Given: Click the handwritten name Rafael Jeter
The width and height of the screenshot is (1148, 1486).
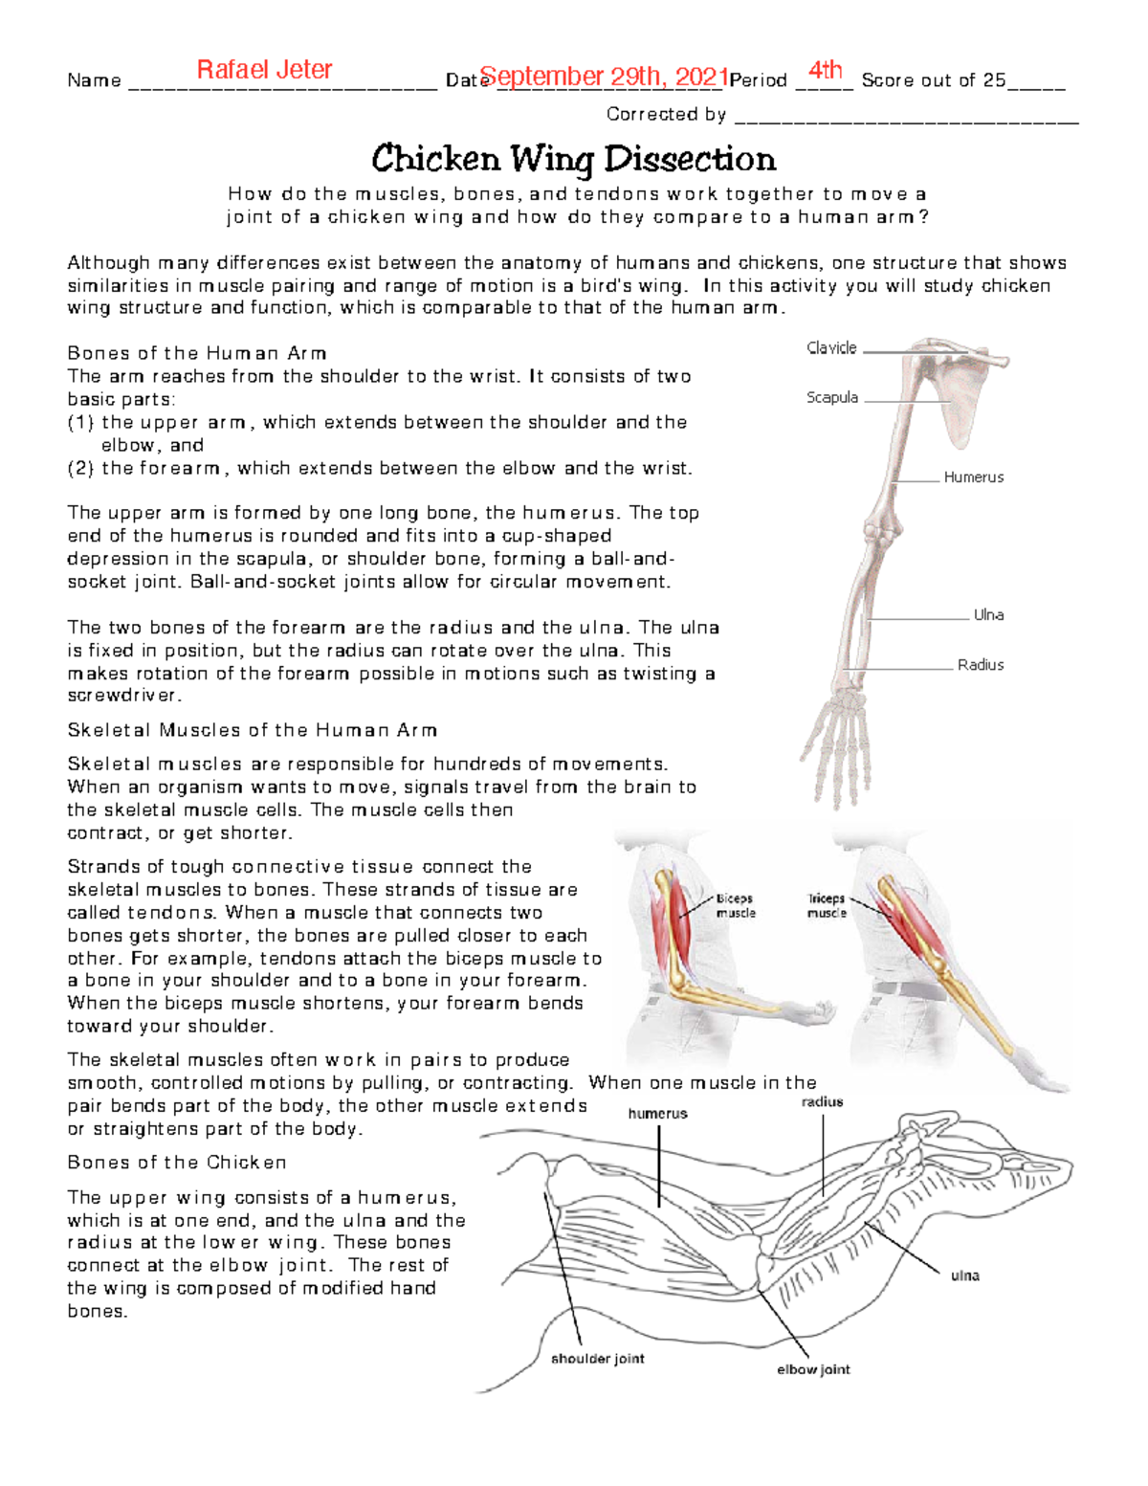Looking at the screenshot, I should click(264, 70).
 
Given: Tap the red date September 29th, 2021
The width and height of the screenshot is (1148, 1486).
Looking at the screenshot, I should click(604, 77).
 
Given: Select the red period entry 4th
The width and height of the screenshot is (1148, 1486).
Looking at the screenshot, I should click(825, 70).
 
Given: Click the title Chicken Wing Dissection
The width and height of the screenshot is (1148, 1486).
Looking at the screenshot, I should click(573, 159).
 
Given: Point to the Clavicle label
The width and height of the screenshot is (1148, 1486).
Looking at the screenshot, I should click(831, 348).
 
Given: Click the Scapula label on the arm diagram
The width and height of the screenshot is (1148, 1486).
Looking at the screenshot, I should click(831, 397).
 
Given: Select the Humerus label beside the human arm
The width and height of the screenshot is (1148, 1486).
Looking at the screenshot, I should click(973, 477).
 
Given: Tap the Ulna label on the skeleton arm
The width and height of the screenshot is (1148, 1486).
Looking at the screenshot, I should click(987, 615).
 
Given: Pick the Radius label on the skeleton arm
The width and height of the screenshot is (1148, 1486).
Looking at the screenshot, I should click(980, 664).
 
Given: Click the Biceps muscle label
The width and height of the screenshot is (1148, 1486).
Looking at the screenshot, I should click(735, 906).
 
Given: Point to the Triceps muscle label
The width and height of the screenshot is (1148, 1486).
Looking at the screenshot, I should click(826, 906).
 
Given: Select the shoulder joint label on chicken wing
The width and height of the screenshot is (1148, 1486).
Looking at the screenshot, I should click(597, 1359).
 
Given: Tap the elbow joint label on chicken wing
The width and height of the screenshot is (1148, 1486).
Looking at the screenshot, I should click(813, 1369).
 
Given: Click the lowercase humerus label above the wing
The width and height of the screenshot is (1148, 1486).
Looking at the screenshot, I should click(657, 1114).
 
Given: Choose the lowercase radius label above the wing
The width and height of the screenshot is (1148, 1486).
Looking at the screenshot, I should click(822, 1102).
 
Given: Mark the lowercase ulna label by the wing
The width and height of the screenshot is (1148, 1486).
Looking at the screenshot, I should click(963, 1275).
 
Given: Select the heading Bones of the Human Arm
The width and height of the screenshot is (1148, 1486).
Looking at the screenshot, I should click(197, 353).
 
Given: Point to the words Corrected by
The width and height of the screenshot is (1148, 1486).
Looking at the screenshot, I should click(666, 115).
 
